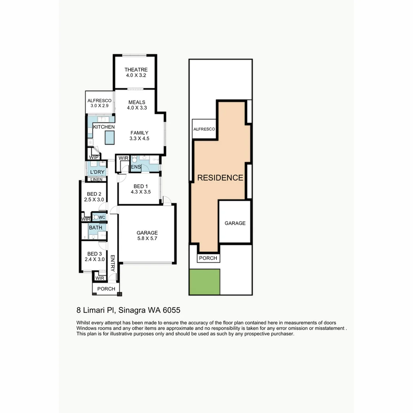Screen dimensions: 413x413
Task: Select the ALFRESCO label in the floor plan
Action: click(99, 101)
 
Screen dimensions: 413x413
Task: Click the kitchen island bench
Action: click(110, 138)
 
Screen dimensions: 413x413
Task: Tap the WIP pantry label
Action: click(94, 157)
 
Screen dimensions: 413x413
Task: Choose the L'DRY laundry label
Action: click(97, 172)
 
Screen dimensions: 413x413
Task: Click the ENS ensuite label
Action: click(136, 167)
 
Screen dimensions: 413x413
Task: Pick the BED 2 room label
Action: click(94, 194)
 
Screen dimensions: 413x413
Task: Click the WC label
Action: click(101, 218)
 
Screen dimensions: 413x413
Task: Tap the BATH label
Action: click(96, 228)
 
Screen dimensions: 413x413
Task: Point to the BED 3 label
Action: click(94, 254)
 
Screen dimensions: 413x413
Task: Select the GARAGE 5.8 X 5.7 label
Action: click(147, 235)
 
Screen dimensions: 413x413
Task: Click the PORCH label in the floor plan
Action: click(106, 289)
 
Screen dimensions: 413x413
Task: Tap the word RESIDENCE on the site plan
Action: click(220, 178)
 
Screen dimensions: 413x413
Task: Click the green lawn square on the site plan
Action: click(205, 282)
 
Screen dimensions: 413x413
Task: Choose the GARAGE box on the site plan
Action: click(235, 223)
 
